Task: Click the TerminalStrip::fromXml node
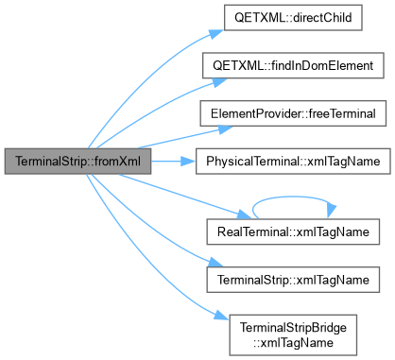(77, 162)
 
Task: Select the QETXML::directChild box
(293, 18)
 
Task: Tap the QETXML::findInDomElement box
(293, 65)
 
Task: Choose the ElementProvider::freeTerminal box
(293, 113)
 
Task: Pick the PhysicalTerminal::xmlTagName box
(293, 162)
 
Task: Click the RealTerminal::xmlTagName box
(293, 231)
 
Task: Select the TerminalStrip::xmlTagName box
(293, 280)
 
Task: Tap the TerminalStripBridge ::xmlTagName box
(293, 335)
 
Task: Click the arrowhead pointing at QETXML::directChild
(216, 33)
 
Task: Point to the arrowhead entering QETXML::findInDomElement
(219, 82)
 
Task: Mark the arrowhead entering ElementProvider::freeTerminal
(225, 129)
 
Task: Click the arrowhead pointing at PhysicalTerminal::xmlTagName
(188, 162)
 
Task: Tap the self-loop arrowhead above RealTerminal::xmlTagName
(331, 212)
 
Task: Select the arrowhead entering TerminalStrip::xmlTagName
(215, 262)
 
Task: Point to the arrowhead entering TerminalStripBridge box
(222, 316)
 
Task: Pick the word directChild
(322, 18)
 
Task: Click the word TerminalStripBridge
(293, 328)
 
